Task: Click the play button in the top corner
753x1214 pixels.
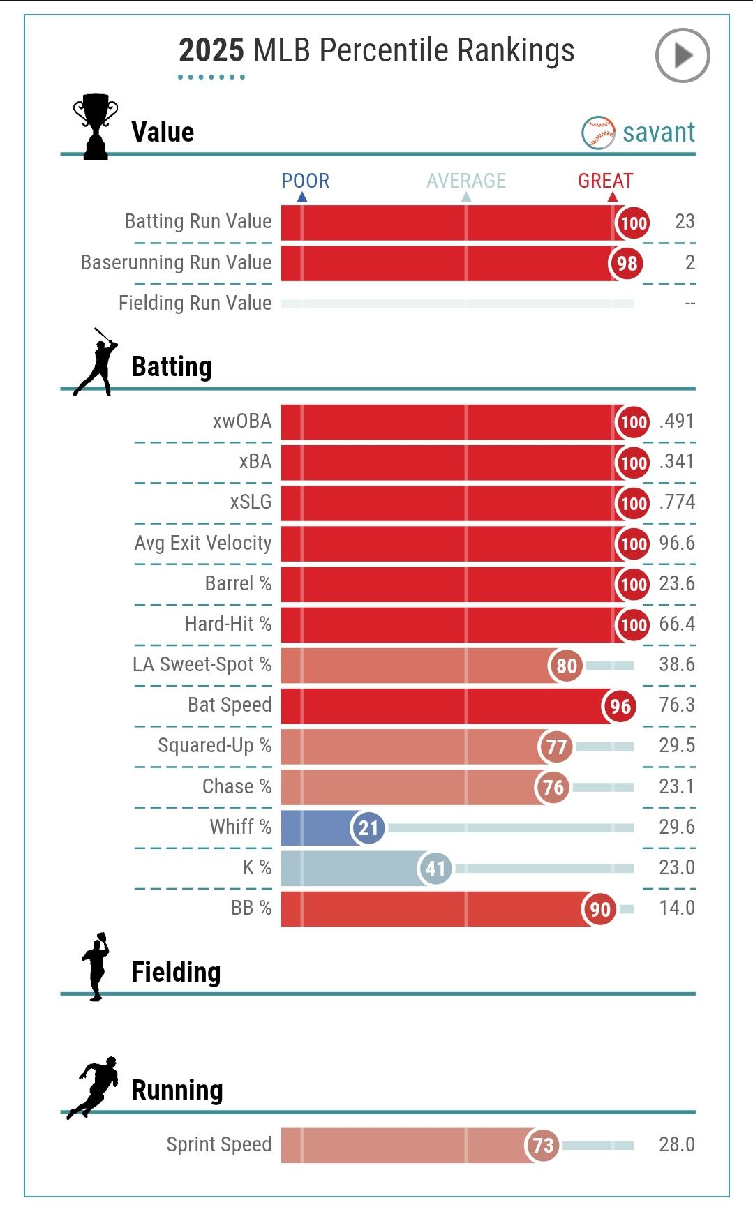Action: pyautogui.click(x=682, y=55)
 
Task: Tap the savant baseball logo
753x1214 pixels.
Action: pyautogui.click(x=598, y=133)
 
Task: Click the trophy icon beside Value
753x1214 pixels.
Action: pyautogui.click(x=96, y=126)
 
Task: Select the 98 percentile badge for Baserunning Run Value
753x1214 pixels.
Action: pyautogui.click(x=627, y=264)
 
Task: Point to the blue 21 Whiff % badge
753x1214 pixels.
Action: pyautogui.click(x=368, y=828)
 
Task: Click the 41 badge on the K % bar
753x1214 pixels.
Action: pyautogui.click(x=435, y=869)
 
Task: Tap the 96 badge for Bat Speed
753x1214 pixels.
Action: pyautogui.click(x=620, y=706)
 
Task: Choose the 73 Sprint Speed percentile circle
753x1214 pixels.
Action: pyautogui.click(x=543, y=1145)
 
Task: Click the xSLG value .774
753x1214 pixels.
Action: pyautogui.click(x=677, y=502)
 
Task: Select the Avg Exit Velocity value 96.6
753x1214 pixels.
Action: pyautogui.click(x=677, y=543)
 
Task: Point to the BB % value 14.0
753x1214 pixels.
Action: pyautogui.click(x=677, y=908)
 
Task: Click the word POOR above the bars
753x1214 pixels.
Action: pyautogui.click(x=305, y=181)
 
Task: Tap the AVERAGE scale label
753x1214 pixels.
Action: pyautogui.click(x=466, y=181)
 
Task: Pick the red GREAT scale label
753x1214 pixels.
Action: pyautogui.click(x=605, y=181)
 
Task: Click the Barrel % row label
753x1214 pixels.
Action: pyautogui.click(x=238, y=583)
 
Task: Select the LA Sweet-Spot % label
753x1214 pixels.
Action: pyautogui.click(x=202, y=664)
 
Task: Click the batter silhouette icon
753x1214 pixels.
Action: pyautogui.click(x=96, y=362)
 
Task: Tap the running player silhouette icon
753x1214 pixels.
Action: pyautogui.click(x=94, y=1087)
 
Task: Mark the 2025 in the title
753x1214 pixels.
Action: pyautogui.click(x=211, y=51)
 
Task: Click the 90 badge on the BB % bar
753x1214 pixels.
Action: pyautogui.click(x=600, y=909)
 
